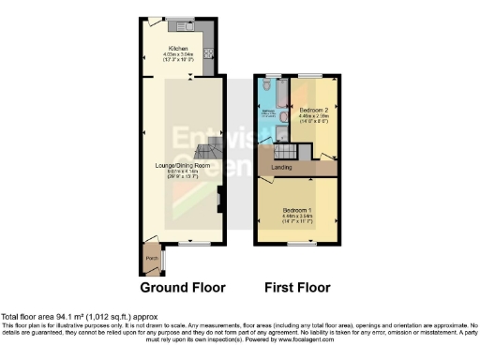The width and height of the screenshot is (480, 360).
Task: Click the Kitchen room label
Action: coord(178,48)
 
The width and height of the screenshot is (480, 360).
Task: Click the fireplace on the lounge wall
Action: coord(219,198)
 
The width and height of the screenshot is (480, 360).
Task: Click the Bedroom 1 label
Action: coord(296,210)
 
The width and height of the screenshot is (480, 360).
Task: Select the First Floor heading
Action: coord(296,287)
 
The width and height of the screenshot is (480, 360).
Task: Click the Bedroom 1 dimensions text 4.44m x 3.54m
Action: coord(296,217)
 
